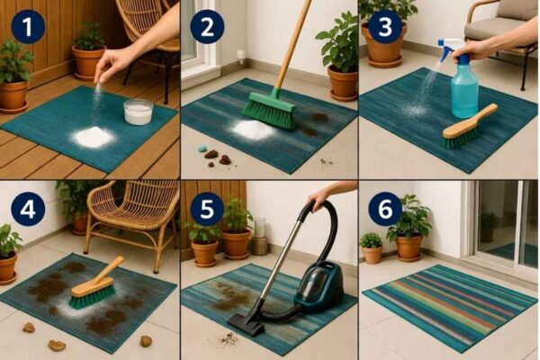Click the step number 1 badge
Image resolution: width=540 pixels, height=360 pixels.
click(28, 28)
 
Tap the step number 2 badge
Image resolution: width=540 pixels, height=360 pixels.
click(206, 28)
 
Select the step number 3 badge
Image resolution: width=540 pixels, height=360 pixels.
click(385, 28)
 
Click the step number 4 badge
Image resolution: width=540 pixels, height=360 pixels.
click(28, 208)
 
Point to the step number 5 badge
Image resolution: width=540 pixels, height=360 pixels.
click(206, 208)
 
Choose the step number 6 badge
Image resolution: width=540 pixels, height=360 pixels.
click(385, 208)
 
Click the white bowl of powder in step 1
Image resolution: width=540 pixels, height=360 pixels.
click(138, 112)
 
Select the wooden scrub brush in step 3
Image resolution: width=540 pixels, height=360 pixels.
click(469, 127)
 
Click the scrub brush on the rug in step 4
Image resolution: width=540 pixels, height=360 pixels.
click(94, 287)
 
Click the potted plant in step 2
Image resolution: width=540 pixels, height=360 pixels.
click(340, 58)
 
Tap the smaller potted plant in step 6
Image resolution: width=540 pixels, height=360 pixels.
click(372, 247)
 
